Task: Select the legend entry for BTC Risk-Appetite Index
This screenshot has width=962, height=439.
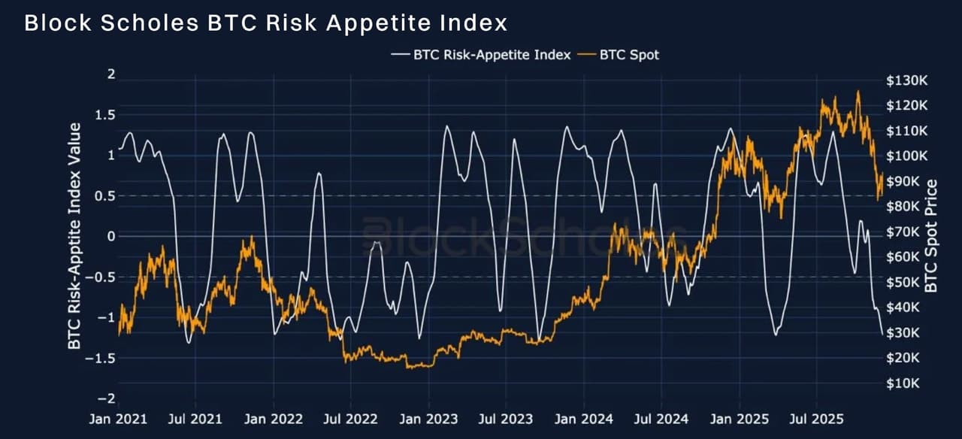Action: (x=481, y=54)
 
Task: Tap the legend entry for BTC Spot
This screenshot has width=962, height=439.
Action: (x=619, y=54)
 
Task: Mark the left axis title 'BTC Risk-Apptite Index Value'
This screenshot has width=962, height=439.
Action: (x=75, y=236)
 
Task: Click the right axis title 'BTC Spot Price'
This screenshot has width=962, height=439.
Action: (x=932, y=236)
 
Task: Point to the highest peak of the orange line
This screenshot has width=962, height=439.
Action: (x=858, y=92)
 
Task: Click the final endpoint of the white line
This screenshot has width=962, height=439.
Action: (x=882, y=334)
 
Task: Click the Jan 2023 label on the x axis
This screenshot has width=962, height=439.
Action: (x=430, y=418)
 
